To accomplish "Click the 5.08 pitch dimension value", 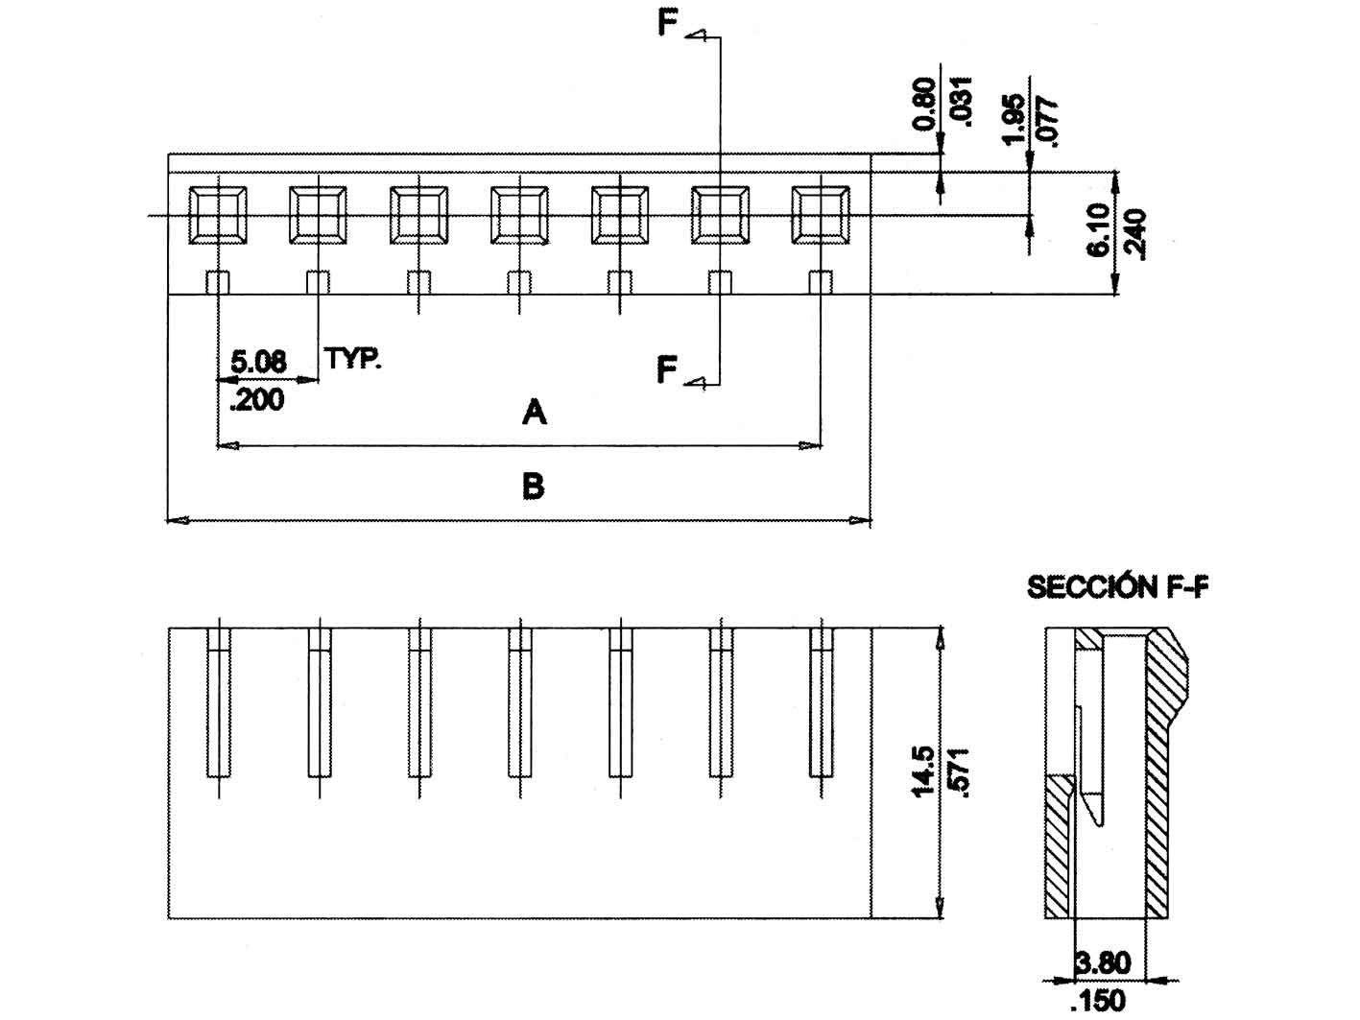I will (x=258, y=362).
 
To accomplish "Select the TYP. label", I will (x=353, y=359).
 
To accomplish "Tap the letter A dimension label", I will (x=534, y=413).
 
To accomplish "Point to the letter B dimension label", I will (x=533, y=486).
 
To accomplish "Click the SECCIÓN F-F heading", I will (x=1117, y=587).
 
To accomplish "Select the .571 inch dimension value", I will (x=958, y=771).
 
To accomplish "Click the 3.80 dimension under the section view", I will (x=1104, y=961).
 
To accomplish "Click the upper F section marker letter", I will (x=668, y=24).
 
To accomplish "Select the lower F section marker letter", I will (x=668, y=368).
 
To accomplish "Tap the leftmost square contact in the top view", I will (x=218, y=214).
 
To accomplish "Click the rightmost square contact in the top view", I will (x=820, y=214).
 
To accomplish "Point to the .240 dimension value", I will (x=1135, y=233).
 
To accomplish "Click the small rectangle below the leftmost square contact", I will (x=219, y=282).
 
